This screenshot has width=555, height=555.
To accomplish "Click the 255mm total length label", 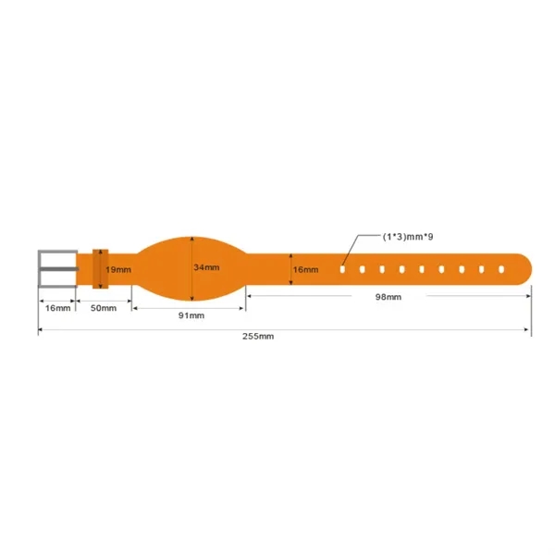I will click(x=258, y=337).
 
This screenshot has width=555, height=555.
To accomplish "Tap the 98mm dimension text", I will click(x=388, y=296).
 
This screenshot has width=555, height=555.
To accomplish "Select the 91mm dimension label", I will click(x=191, y=315).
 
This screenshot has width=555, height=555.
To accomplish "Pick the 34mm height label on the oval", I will click(x=206, y=267).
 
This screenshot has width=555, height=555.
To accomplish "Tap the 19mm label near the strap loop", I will click(x=117, y=269).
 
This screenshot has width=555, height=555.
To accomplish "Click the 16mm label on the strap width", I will click(x=305, y=269).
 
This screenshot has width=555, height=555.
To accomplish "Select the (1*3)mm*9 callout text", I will click(x=408, y=237).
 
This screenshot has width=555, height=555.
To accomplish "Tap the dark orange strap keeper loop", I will click(x=100, y=268).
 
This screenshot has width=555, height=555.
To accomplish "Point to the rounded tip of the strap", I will click(x=524, y=269).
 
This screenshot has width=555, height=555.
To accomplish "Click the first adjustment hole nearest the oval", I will click(x=342, y=269).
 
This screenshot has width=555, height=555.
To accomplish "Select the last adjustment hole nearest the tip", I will click(x=502, y=269).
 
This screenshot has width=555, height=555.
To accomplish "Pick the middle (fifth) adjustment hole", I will click(x=422, y=269).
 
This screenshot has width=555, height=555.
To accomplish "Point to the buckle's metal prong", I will click(x=57, y=269).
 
